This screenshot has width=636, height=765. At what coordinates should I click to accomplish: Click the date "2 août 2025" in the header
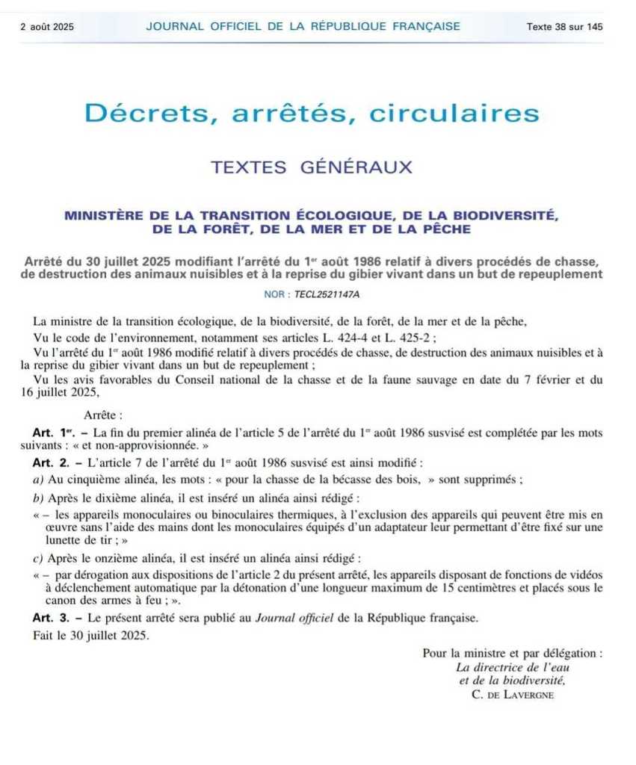[x=47, y=27]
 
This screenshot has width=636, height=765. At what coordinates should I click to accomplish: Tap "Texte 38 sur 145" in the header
[x=564, y=27]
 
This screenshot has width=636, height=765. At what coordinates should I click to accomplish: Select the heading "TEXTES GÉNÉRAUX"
[x=312, y=167]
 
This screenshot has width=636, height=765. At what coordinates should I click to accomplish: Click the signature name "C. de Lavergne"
[x=513, y=695]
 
